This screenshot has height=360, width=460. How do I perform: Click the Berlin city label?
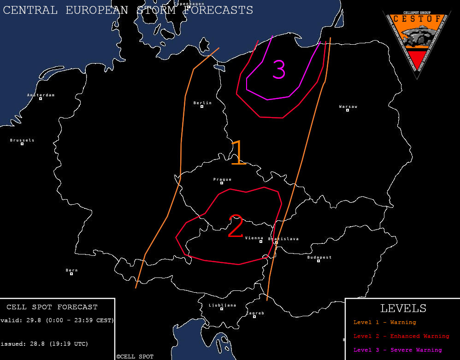point(203,103)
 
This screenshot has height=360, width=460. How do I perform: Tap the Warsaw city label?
point(348,106)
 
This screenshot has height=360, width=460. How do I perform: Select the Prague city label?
point(223,179)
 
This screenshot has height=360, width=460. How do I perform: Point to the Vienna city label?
point(254,238)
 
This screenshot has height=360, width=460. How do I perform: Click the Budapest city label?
point(319,257)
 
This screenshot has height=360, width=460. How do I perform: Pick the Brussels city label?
point(22,140)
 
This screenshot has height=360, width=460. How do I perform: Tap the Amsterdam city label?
point(41,95)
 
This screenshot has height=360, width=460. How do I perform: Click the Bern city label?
point(71,270)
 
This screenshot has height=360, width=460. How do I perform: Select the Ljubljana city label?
point(222,305)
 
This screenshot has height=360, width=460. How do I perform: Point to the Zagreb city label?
point(255,313)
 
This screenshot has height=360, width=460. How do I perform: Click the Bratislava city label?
point(283,239)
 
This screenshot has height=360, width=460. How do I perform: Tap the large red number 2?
point(236,226)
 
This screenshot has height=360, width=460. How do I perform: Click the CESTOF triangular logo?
point(416,41)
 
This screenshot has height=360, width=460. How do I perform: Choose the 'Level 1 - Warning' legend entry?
point(384,322)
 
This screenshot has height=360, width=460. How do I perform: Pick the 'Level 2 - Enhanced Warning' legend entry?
point(401,336)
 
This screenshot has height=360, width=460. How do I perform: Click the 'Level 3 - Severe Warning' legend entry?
point(397,350)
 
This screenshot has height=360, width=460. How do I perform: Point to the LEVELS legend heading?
point(403,308)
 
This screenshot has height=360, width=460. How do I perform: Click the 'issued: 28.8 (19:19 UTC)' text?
point(44,343)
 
